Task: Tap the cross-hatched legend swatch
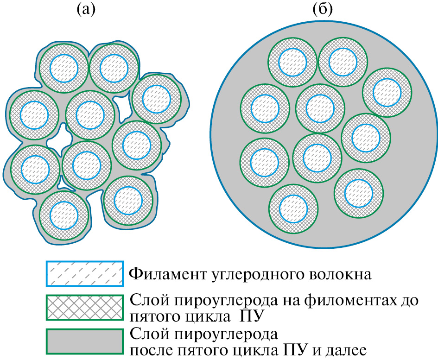point(84,307)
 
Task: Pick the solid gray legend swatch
point(84,341)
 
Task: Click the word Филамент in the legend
point(162,274)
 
